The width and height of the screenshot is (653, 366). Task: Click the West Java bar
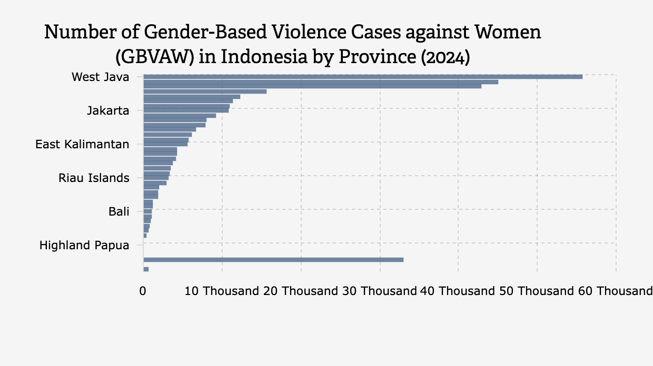click(x=362, y=77)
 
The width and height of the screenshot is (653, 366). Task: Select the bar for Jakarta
click(x=186, y=110)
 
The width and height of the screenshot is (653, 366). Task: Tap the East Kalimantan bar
click(x=165, y=144)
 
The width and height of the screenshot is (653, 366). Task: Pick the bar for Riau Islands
click(x=156, y=178)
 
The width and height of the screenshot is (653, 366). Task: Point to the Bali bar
click(x=147, y=211)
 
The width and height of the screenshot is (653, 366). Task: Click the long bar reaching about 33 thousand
click(x=273, y=260)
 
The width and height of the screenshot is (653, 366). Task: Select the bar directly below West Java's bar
click(x=320, y=82)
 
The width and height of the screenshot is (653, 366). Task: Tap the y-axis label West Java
click(x=100, y=77)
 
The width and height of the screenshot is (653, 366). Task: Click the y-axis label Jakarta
click(x=108, y=111)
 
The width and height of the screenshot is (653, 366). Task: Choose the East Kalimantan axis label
click(x=82, y=144)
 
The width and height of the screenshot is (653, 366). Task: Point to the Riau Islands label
click(x=94, y=178)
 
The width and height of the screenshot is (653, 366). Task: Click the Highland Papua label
click(x=84, y=245)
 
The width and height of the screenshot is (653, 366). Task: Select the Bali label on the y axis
click(x=118, y=211)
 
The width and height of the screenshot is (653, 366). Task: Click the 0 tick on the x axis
click(x=143, y=291)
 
